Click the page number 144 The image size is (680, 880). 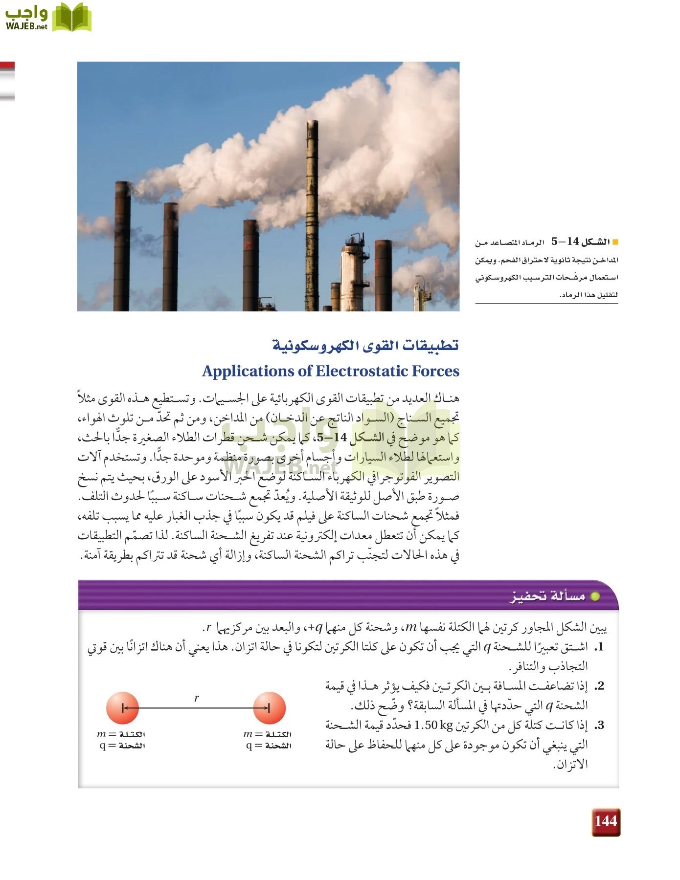(x=606, y=821)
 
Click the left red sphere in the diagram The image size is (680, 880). (x=122, y=707)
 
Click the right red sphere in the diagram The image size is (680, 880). (x=269, y=707)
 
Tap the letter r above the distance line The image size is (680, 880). (x=196, y=698)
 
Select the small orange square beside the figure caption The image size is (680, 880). (x=615, y=242)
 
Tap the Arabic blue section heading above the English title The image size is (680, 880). (x=365, y=346)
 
